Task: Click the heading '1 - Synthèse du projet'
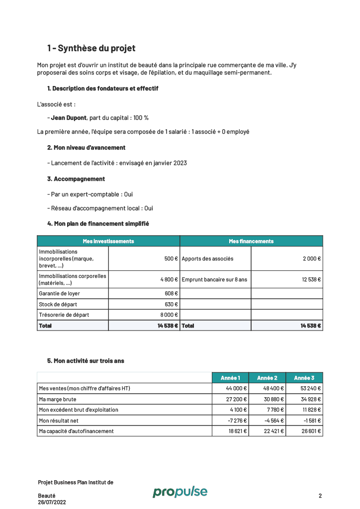pos(91,48)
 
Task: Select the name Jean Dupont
pos(69,118)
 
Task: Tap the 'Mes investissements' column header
pos(108,241)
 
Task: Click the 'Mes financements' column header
pos(251,241)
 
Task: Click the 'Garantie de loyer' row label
pos(59,293)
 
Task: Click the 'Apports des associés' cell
pos(207,259)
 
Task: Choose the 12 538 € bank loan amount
pos(311,279)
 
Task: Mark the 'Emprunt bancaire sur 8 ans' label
pos(214,279)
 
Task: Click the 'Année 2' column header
pos(268,378)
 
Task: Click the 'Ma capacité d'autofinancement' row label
pos(76,431)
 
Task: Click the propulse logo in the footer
pos(180,492)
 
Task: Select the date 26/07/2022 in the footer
pos(52,502)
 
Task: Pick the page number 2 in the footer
pos(320,496)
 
